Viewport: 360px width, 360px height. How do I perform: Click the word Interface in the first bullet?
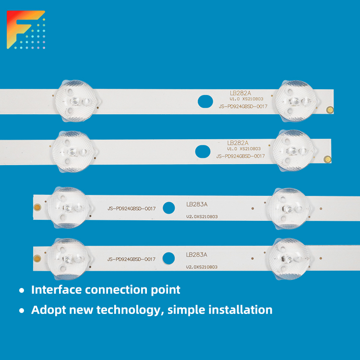(x=57, y=289)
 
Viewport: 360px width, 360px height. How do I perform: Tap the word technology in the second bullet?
(x=130, y=311)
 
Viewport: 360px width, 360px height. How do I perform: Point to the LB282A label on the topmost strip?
(x=240, y=93)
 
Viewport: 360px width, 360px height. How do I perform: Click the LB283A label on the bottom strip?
(x=196, y=254)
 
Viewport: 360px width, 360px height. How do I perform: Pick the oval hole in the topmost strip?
(x=205, y=101)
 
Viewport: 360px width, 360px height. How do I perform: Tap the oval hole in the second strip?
(x=203, y=152)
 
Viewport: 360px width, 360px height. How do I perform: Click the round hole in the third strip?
(x=169, y=208)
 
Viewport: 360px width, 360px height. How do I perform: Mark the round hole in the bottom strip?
(x=168, y=258)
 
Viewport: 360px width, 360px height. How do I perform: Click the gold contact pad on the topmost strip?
(x=330, y=110)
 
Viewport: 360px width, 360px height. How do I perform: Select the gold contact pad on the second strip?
(x=327, y=159)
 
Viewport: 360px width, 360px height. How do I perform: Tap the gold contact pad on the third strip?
(x=37, y=207)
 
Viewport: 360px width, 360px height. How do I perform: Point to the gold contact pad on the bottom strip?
(x=37, y=258)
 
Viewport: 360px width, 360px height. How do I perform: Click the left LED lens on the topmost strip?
(x=77, y=101)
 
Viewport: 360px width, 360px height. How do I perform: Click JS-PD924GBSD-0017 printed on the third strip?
(x=132, y=209)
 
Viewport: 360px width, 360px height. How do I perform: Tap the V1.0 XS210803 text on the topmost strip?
(x=246, y=99)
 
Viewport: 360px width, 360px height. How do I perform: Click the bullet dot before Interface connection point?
(x=22, y=290)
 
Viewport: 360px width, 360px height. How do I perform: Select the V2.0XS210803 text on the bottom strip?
(x=202, y=267)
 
